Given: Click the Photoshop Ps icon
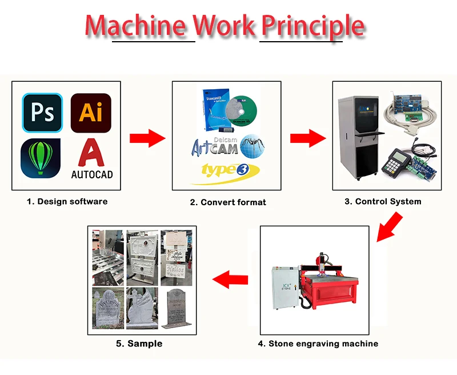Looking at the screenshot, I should (42, 113).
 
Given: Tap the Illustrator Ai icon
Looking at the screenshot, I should (91, 113).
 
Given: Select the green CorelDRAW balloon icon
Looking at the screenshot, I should (41, 157).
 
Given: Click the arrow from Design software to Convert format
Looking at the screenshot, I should (147, 138).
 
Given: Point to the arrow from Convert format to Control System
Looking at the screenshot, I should (307, 138).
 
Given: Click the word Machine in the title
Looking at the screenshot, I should (136, 26).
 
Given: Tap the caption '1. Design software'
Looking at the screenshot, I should (67, 201).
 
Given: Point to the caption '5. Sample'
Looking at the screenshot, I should (139, 344).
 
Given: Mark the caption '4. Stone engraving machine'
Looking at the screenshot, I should (318, 344).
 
